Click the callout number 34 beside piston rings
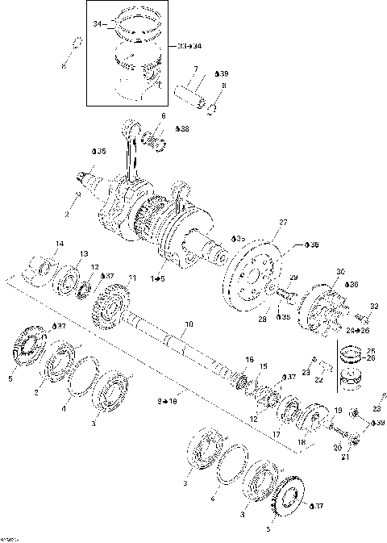(x=97, y=24)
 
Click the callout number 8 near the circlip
(x=223, y=86)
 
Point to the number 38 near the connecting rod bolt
(x=184, y=129)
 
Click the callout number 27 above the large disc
(x=283, y=222)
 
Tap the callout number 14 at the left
(x=58, y=244)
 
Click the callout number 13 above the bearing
(x=83, y=254)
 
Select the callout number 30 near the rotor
(x=340, y=271)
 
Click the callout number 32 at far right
(x=373, y=306)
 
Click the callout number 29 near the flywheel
(x=293, y=277)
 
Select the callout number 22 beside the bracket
(x=318, y=379)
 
